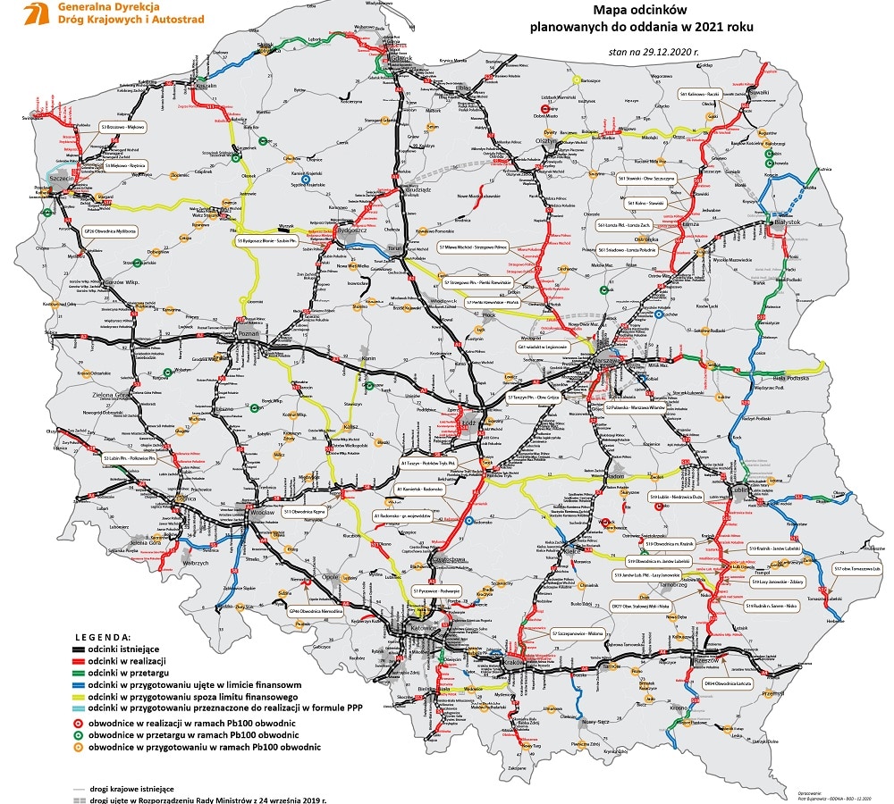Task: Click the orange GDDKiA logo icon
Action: click(x=36, y=13)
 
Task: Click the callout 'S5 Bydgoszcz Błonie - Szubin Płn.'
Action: click(x=266, y=240)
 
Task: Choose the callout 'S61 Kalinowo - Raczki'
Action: click(x=700, y=93)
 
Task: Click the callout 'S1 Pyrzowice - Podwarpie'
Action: click(x=435, y=590)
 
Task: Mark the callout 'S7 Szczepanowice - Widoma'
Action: click(x=577, y=633)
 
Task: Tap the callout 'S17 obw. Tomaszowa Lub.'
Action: click(x=856, y=568)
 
